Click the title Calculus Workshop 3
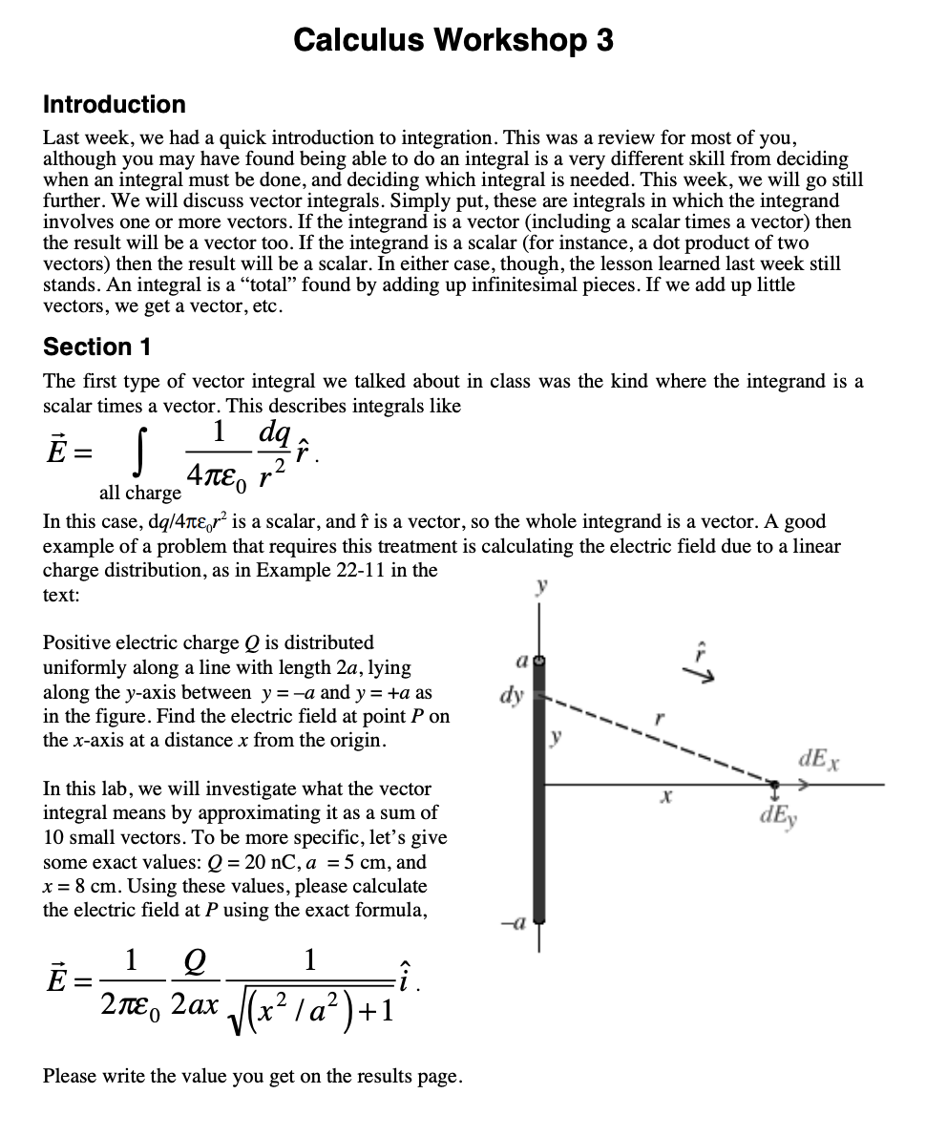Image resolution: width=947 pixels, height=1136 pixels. (453, 40)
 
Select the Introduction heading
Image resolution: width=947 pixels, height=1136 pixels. (115, 104)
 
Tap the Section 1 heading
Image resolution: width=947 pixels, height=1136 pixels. (97, 347)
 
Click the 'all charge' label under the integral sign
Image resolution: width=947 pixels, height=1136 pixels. (139, 494)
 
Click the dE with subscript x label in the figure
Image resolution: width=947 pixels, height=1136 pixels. (817, 761)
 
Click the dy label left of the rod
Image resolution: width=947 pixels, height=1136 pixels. (512, 695)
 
